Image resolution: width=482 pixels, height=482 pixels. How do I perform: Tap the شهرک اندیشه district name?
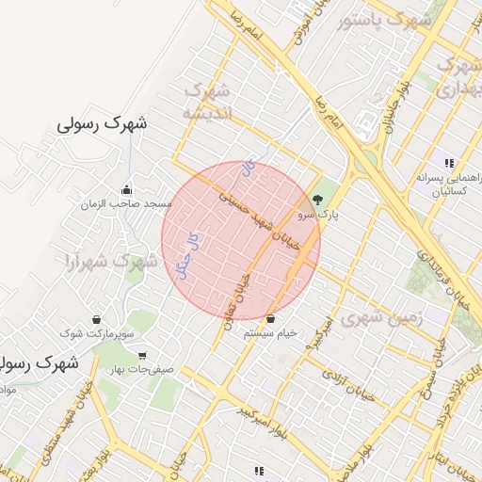click(206, 102)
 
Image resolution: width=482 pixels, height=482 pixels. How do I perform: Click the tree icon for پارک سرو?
click(316, 200)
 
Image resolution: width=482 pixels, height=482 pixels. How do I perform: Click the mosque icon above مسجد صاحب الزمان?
click(127, 188)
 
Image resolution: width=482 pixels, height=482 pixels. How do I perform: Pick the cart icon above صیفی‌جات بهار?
click(141, 355)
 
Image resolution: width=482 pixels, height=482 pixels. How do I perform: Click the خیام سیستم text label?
click(270, 332)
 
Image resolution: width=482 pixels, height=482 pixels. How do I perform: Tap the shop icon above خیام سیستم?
click(270, 317)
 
